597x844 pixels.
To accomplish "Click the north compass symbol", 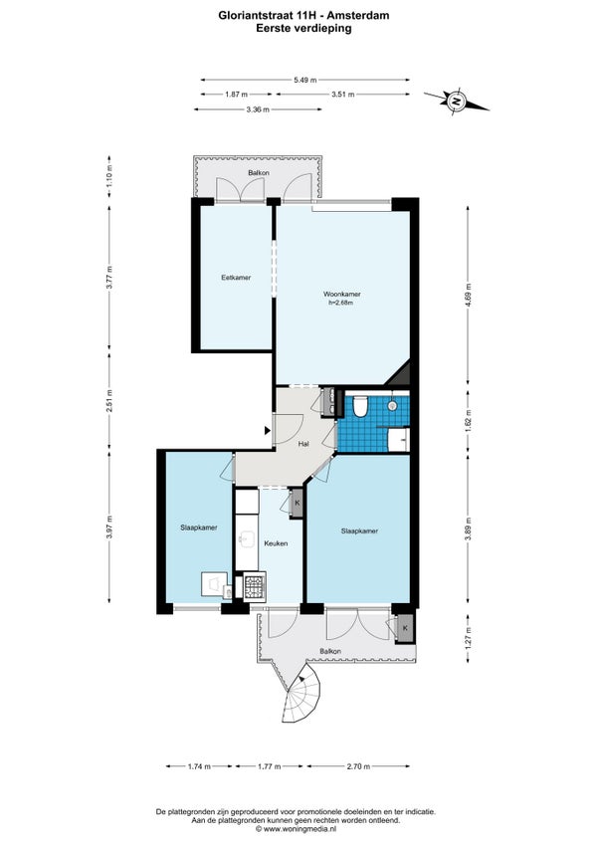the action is tap(457, 102).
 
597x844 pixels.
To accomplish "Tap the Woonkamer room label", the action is tap(342, 295).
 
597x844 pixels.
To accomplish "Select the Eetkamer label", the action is tap(236, 278).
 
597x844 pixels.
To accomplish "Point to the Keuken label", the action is tap(276, 543).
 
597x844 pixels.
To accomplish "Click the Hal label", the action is tap(303, 444).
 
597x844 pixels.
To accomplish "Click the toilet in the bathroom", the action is tap(359, 406).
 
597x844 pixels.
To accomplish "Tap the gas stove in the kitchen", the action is tap(255, 585).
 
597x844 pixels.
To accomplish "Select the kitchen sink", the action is tap(248, 539).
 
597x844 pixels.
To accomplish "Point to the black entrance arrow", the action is tap(267, 430).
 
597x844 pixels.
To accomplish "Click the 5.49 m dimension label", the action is tap(304, 81).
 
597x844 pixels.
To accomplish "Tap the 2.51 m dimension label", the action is tap(109, 399).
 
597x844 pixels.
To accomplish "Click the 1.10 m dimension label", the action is tap(109, 176).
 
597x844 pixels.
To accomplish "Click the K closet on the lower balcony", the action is tap(405, 628).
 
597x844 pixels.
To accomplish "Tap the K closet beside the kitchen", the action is tap(297, 504).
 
